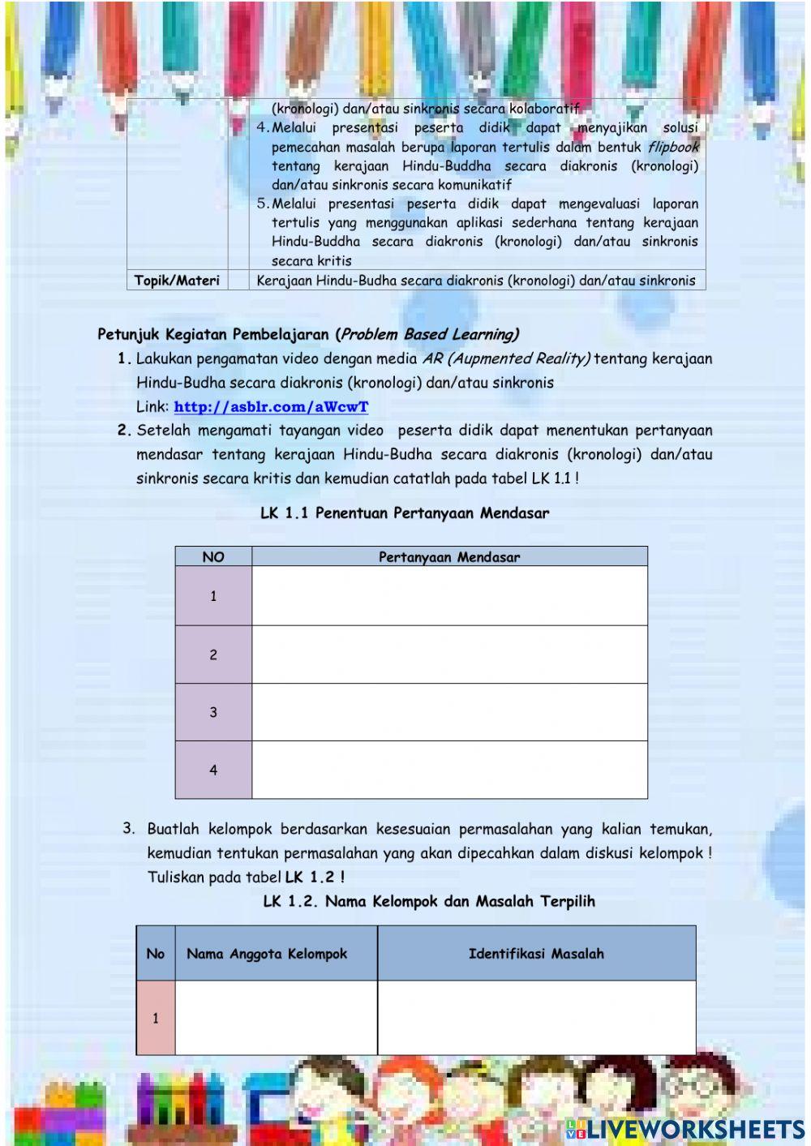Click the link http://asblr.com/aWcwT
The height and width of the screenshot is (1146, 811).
[271, 407]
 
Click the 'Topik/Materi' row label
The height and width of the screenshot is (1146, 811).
[177, 281]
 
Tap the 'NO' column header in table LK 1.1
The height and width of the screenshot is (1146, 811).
[213, 556]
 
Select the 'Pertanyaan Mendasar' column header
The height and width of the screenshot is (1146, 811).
[449, 556]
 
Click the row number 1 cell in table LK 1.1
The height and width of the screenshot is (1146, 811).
[213, 596]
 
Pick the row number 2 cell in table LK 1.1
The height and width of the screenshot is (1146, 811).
[213, 655]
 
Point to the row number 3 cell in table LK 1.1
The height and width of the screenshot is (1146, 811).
[213, 712]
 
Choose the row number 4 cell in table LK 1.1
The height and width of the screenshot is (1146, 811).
[213, 770]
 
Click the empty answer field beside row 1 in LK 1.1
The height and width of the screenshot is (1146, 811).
[449, 596]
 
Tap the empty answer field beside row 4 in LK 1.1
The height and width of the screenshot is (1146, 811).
[449, 770]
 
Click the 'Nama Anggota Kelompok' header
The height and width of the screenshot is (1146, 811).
[267, 954]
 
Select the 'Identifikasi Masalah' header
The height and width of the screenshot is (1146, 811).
[536, 954]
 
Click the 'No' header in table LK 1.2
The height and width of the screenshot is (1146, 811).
[156, 954]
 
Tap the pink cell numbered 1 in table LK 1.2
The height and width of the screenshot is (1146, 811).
[156, 1018]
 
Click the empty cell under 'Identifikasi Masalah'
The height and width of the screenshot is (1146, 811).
[536, 1018]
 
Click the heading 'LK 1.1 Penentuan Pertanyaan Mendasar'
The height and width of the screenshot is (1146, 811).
[405, 513]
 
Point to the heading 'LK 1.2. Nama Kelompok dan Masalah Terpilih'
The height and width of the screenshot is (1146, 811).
[429, 901]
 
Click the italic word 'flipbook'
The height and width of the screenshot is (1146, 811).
[672, 147]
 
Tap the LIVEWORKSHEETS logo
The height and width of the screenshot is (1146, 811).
[685, 1129]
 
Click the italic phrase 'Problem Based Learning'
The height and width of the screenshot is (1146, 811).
[428, 334]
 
